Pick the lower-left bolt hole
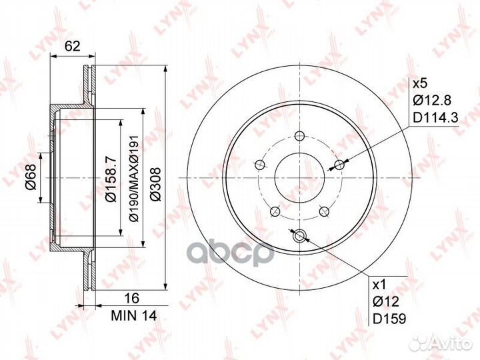coord(275,211)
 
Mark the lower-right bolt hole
coord(324,211)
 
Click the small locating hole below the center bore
coord(299,235)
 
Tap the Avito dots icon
coord(419,343)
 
